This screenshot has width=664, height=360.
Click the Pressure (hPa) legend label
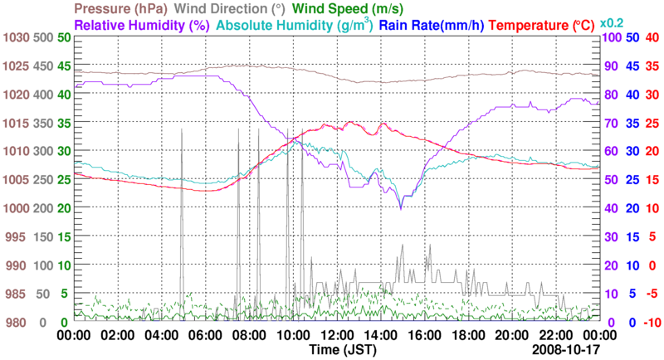coord(129,8)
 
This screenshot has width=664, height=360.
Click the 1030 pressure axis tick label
coord(16,38)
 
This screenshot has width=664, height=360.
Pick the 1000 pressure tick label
coord(16,207)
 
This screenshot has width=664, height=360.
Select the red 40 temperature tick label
coord(651,38)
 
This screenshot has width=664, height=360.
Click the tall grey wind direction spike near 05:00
coord(182,166)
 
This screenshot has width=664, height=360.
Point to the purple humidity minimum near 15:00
coord(401,207)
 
